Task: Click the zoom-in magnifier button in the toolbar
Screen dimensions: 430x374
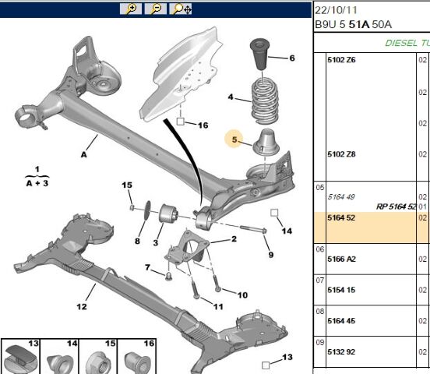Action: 131,9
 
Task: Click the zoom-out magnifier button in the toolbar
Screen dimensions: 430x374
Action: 156,9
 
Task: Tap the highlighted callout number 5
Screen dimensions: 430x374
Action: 234,139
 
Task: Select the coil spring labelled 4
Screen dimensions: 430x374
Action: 265,101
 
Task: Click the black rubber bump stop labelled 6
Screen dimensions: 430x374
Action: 259,55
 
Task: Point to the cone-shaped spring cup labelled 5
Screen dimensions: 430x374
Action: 266,143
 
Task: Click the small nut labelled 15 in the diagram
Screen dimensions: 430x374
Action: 132,207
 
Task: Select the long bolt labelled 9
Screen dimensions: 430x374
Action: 253,229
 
